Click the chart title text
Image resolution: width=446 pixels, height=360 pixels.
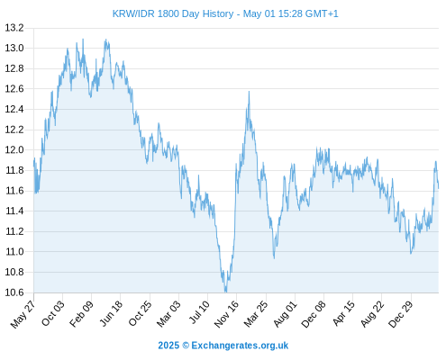click(x=225, y=13)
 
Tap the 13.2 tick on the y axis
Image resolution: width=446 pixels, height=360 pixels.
click(x=14, y=28)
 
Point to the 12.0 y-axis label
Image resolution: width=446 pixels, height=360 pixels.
click(x=14, y=150)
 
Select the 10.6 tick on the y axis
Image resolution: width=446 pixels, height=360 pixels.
click(x=14, y=292)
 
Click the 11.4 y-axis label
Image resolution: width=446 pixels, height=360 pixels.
click(x=14, y=211)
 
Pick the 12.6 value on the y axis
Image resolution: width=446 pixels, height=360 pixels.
click(x=14, y=89)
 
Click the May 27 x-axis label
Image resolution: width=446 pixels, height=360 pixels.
click(x=23, y=314)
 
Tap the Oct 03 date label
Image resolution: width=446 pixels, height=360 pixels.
click(x=52, y=313)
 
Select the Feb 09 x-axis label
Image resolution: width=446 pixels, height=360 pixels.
click(x=81, y=313)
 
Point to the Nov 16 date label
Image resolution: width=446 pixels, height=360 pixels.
click(x=226, y=313)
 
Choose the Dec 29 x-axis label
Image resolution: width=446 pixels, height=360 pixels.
click(x=401, y=313)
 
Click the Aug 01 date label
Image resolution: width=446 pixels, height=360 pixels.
click(x=285, y=313)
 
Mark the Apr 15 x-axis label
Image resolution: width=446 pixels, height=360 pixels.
click(x=343, y=313)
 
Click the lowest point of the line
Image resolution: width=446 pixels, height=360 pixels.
click(x=225, y=292)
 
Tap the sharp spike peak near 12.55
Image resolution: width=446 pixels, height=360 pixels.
click(x=249, y=92)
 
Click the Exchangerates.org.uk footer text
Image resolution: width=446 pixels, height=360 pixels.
click(x=240, y=346)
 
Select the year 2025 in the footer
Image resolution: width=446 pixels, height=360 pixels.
click(x=168, y=346)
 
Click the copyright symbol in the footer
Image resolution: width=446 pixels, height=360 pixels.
click(x=186, y=346)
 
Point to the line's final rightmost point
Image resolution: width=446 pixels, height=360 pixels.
click(x=439, y=188)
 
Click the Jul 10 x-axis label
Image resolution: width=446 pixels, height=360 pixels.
click(x=198, y=312)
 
